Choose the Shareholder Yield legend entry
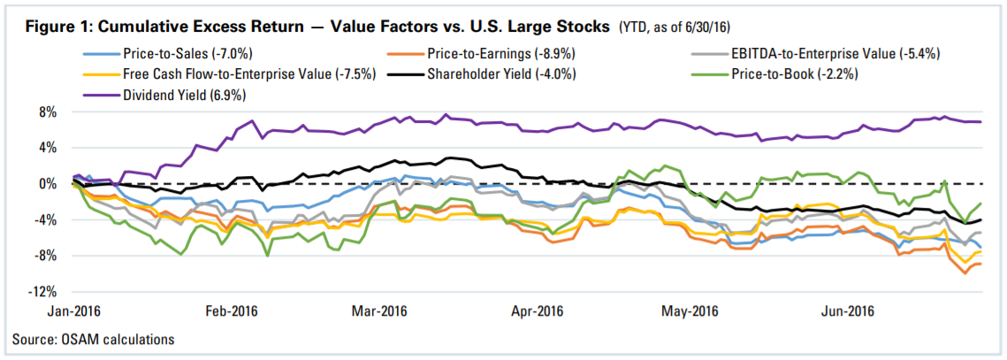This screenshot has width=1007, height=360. pos(501,74)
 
